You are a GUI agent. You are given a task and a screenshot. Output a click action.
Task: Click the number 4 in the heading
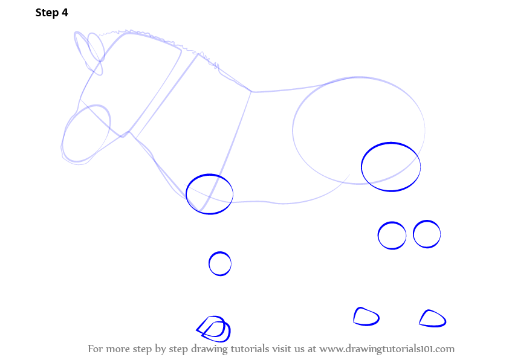(65, 12)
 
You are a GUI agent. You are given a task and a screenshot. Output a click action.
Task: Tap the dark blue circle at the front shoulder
(186, 194)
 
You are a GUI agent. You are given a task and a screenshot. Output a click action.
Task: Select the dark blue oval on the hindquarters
(361, 166)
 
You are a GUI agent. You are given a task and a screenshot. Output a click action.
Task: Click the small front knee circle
(209, 263)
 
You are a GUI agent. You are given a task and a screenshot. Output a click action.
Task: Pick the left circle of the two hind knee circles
(378, 236)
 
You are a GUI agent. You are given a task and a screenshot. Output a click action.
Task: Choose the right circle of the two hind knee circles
(413, 234)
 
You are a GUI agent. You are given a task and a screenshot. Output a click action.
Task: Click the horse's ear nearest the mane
(104, 49)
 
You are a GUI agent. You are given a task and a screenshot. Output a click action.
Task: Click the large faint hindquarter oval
(293, 130)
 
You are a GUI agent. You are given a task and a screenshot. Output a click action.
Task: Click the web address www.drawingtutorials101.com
(387, 349)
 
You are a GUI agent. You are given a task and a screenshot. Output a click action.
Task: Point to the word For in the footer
(96, 349)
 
